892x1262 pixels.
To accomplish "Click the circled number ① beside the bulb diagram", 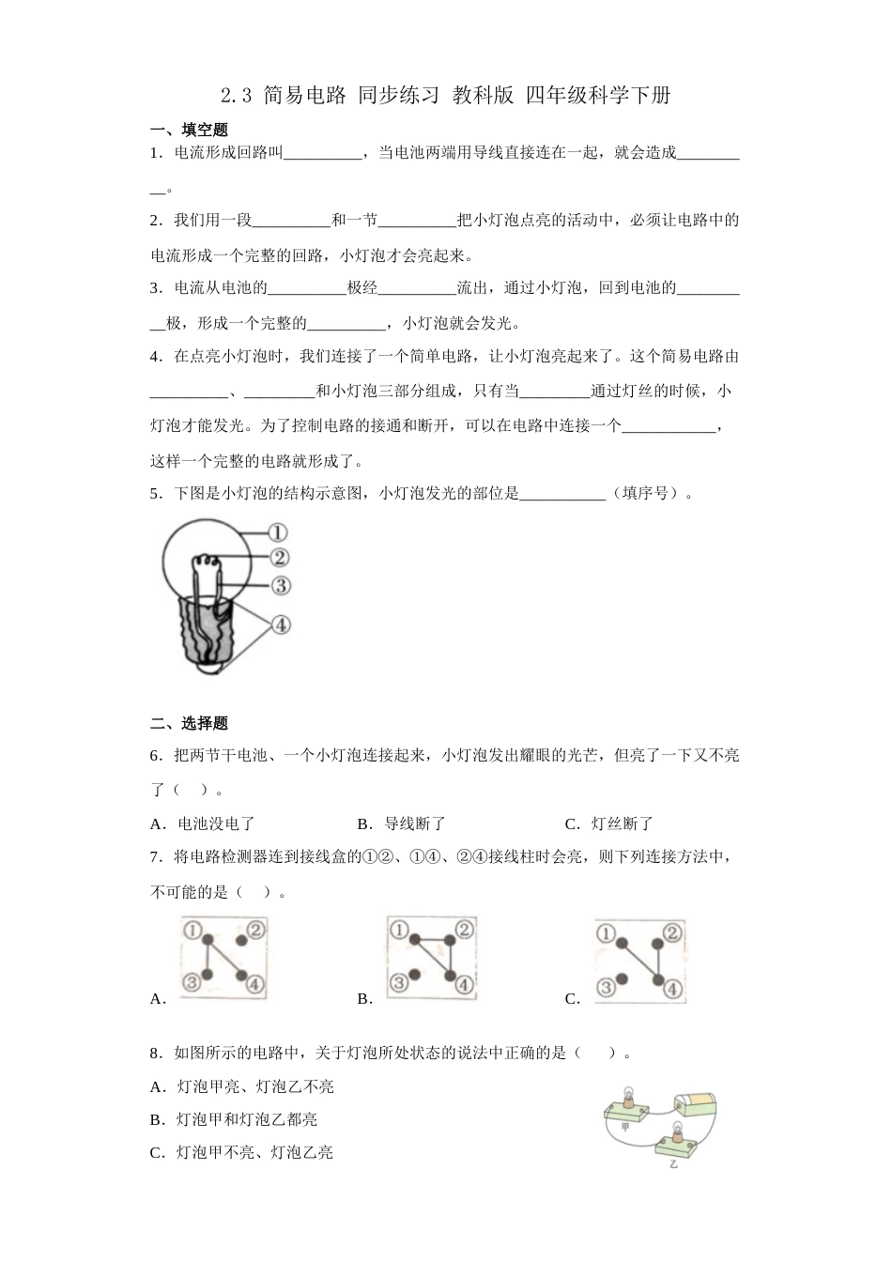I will click(277, 532).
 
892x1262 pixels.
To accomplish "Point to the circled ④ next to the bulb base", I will click(280, 624).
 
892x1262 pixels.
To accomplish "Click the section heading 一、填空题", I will click(189, 131).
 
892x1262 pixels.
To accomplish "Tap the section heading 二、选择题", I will click(189, 724).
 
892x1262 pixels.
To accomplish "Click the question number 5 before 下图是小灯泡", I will click(155, 493).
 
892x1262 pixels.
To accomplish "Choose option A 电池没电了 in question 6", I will click(203, 823).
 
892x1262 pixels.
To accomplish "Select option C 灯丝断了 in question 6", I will click(608, 823).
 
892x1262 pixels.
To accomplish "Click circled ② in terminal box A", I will click(257, 931).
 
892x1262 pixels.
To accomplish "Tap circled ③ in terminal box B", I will click(398, 983).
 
